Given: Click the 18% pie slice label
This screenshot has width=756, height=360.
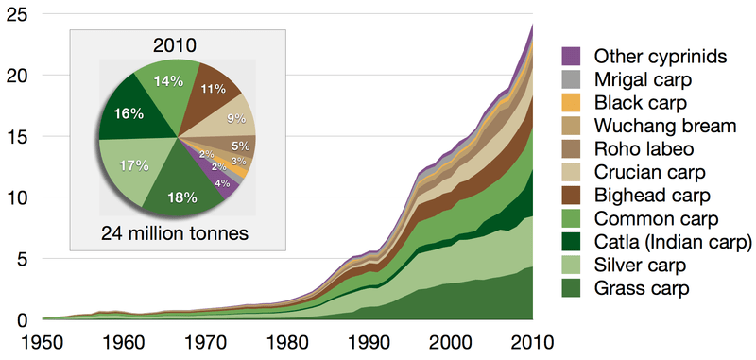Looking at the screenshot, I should (x=182, y=197).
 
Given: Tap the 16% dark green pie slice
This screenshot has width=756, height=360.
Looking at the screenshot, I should (x=130, y=113).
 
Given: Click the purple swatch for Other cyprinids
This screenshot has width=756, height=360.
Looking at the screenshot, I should (x=571, y=56).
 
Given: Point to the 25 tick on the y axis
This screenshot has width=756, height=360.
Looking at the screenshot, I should (x=20, y=14).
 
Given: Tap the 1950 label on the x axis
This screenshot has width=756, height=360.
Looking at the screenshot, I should (x=43, y=341).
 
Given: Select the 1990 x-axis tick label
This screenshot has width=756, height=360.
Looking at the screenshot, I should (x=372, y=341).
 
